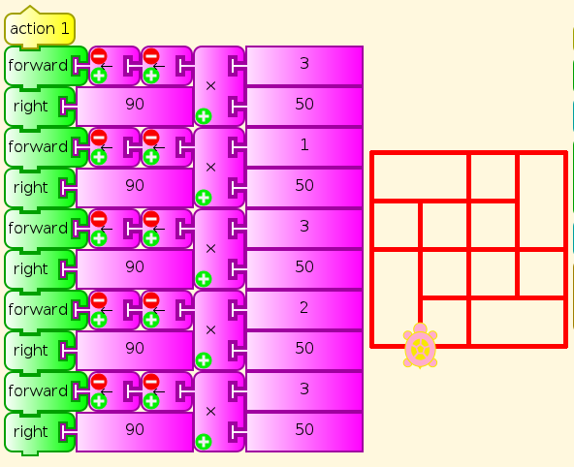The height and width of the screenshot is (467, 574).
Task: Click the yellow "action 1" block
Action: pyautogui.click(x=40, y=28)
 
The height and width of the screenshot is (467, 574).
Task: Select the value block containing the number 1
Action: pyautogui.click(x=304, y=146)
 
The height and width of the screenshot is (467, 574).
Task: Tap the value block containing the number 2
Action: pyautogui.click(x=304, y=309)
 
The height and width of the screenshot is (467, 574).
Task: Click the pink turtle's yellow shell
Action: pyautogui.click(x=420, y=349)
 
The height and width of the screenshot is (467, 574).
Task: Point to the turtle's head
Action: pyautogui.click(x=420, y=327)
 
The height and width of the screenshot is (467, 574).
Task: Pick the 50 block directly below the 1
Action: pyautogui.click(x=304, y=186)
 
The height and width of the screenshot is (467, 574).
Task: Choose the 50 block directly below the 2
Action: pyautogui.click(x=304, y=349)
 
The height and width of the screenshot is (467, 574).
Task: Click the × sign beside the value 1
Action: pyautogui.click(x=210, y=168)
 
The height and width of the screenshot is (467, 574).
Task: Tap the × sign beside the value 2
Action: pyautogui.click(x=210, y=330)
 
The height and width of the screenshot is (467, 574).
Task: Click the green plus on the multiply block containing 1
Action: pyautogui.click(x=204, y=198)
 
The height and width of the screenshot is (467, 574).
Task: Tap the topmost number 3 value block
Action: pyautogui.click(x=304, y=65)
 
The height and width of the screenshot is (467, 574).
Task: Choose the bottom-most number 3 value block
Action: pyautogui.click(x=304, y=390)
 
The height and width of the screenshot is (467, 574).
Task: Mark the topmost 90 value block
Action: pyautogui.click(x=135, y=106)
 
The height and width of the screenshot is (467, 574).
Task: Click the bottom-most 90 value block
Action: pyautogui.click(x=135, y=431)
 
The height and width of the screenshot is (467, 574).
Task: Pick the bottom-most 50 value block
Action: pyautogui.click(x=304, y=431)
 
